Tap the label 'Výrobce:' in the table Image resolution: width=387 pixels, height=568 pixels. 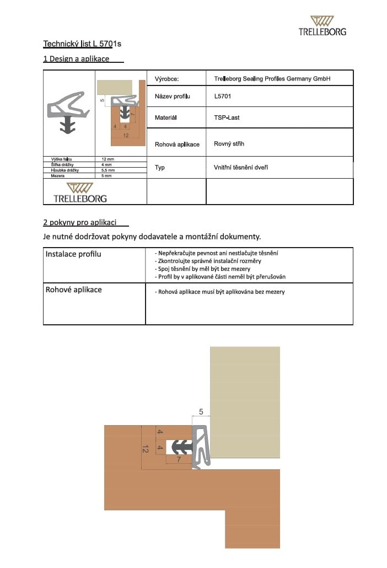pos(167,79)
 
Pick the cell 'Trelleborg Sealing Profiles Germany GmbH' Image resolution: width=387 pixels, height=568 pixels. pos(272,79)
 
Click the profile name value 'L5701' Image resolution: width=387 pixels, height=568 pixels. pos(223,97)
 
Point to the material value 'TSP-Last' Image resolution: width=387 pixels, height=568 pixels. pos(227,117)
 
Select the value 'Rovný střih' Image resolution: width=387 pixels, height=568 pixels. pos(229,144)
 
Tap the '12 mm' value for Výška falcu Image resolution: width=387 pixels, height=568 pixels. pos(108,159)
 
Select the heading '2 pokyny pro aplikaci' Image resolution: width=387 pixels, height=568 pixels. pos(79,222)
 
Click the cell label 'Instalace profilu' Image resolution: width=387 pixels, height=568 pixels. pos(73,254)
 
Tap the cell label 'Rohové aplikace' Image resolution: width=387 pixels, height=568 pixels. pos(73,290)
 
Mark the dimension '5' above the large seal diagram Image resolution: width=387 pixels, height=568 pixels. pos(201,411)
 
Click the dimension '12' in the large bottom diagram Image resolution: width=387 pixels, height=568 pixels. pos(146,449)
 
